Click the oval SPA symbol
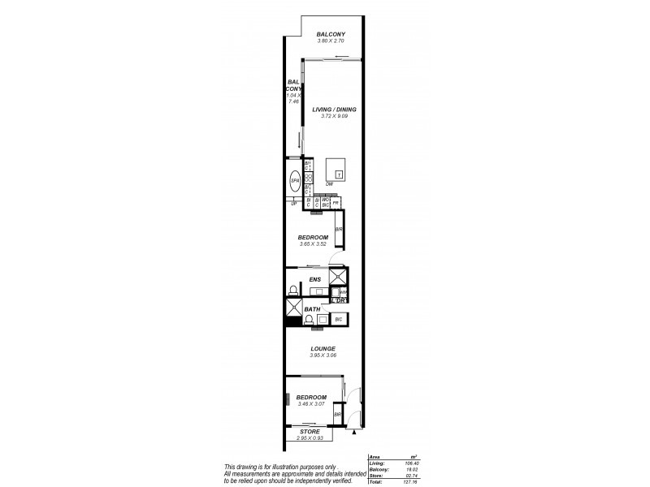[x=295, y=180]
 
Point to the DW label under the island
[x=329, y=184]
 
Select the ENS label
[x=314, y=279]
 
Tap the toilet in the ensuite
[x=294, y=290]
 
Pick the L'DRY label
[x=340, y=301]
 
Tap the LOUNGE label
[x=323, y=348]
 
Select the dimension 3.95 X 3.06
[x=323, y=356]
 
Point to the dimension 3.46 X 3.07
[x=312, y=403]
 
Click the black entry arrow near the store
[x=355, y=433]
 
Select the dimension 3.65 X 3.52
[x=312, y=244]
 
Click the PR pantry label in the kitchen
[x=336, y=202]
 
